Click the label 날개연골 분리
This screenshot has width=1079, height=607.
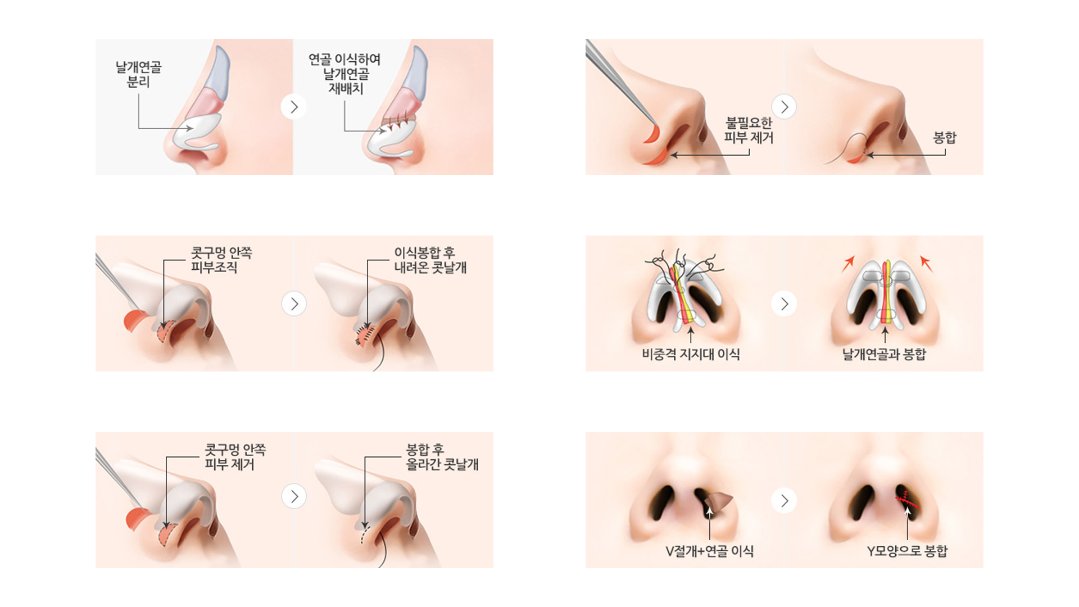tap(138, 75)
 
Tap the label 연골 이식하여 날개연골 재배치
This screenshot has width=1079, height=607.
tap(344, 74)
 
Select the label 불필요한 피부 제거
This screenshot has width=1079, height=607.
tap(749, 130)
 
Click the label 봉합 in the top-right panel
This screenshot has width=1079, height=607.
tap(945, 138)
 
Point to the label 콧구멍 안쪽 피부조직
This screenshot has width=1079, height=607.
tap(221, 260)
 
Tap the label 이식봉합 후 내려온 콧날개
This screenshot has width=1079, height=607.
tap(430, 260)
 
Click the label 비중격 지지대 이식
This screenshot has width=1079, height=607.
tap(691, 354)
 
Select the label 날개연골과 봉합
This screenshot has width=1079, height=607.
tap(884, 354)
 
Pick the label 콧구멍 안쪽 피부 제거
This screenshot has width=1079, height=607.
tap(235, 457)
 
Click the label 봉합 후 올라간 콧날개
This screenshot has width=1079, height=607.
tap(442, 457)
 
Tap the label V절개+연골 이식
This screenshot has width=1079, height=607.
tap(709, 551)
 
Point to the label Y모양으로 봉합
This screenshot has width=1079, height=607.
tap(907, 551)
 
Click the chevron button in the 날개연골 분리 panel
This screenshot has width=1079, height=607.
tap(293, 107)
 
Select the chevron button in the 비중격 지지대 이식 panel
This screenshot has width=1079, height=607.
tap(784, 303)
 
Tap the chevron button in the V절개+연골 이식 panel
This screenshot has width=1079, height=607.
tap(784, 501)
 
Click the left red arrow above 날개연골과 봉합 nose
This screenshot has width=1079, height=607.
tap(848, 264)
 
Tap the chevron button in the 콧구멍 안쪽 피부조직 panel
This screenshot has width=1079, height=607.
tap(293, 303)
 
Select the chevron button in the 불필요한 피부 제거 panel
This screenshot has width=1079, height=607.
tap(784, 107)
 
